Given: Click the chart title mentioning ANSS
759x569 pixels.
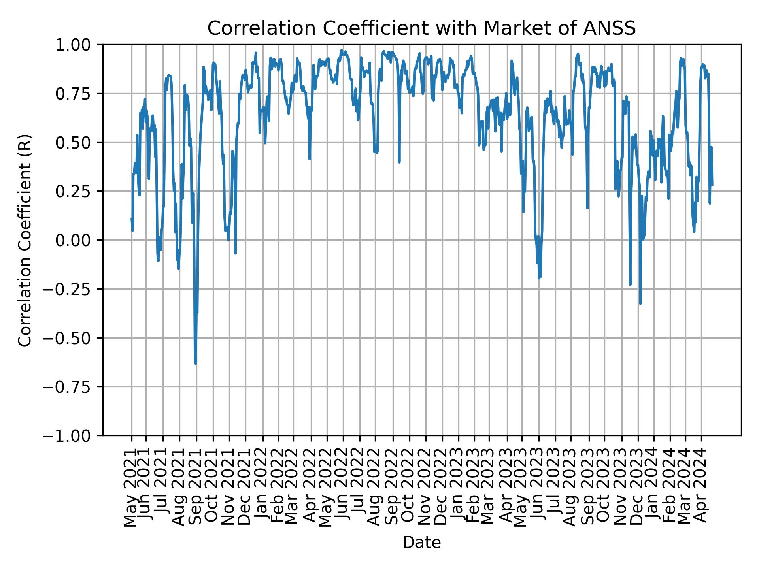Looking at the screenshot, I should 421,28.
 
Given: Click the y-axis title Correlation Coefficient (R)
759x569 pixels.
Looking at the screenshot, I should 25,240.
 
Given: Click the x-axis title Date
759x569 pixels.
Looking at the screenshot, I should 421,543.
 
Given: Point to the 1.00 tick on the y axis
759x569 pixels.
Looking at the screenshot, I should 78,45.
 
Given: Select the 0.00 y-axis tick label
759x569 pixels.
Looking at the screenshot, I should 78,240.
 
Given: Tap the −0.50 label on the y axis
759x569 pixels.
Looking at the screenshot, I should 74,338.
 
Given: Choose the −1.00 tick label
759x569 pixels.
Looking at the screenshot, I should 74,436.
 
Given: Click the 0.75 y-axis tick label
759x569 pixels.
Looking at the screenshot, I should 78,94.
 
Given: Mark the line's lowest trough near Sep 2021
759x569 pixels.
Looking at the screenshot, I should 196,364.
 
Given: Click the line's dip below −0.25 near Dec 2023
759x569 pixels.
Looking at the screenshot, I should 640,303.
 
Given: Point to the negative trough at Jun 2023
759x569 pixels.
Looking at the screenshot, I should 539,278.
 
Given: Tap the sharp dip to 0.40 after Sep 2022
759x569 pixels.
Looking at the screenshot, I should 399,162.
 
